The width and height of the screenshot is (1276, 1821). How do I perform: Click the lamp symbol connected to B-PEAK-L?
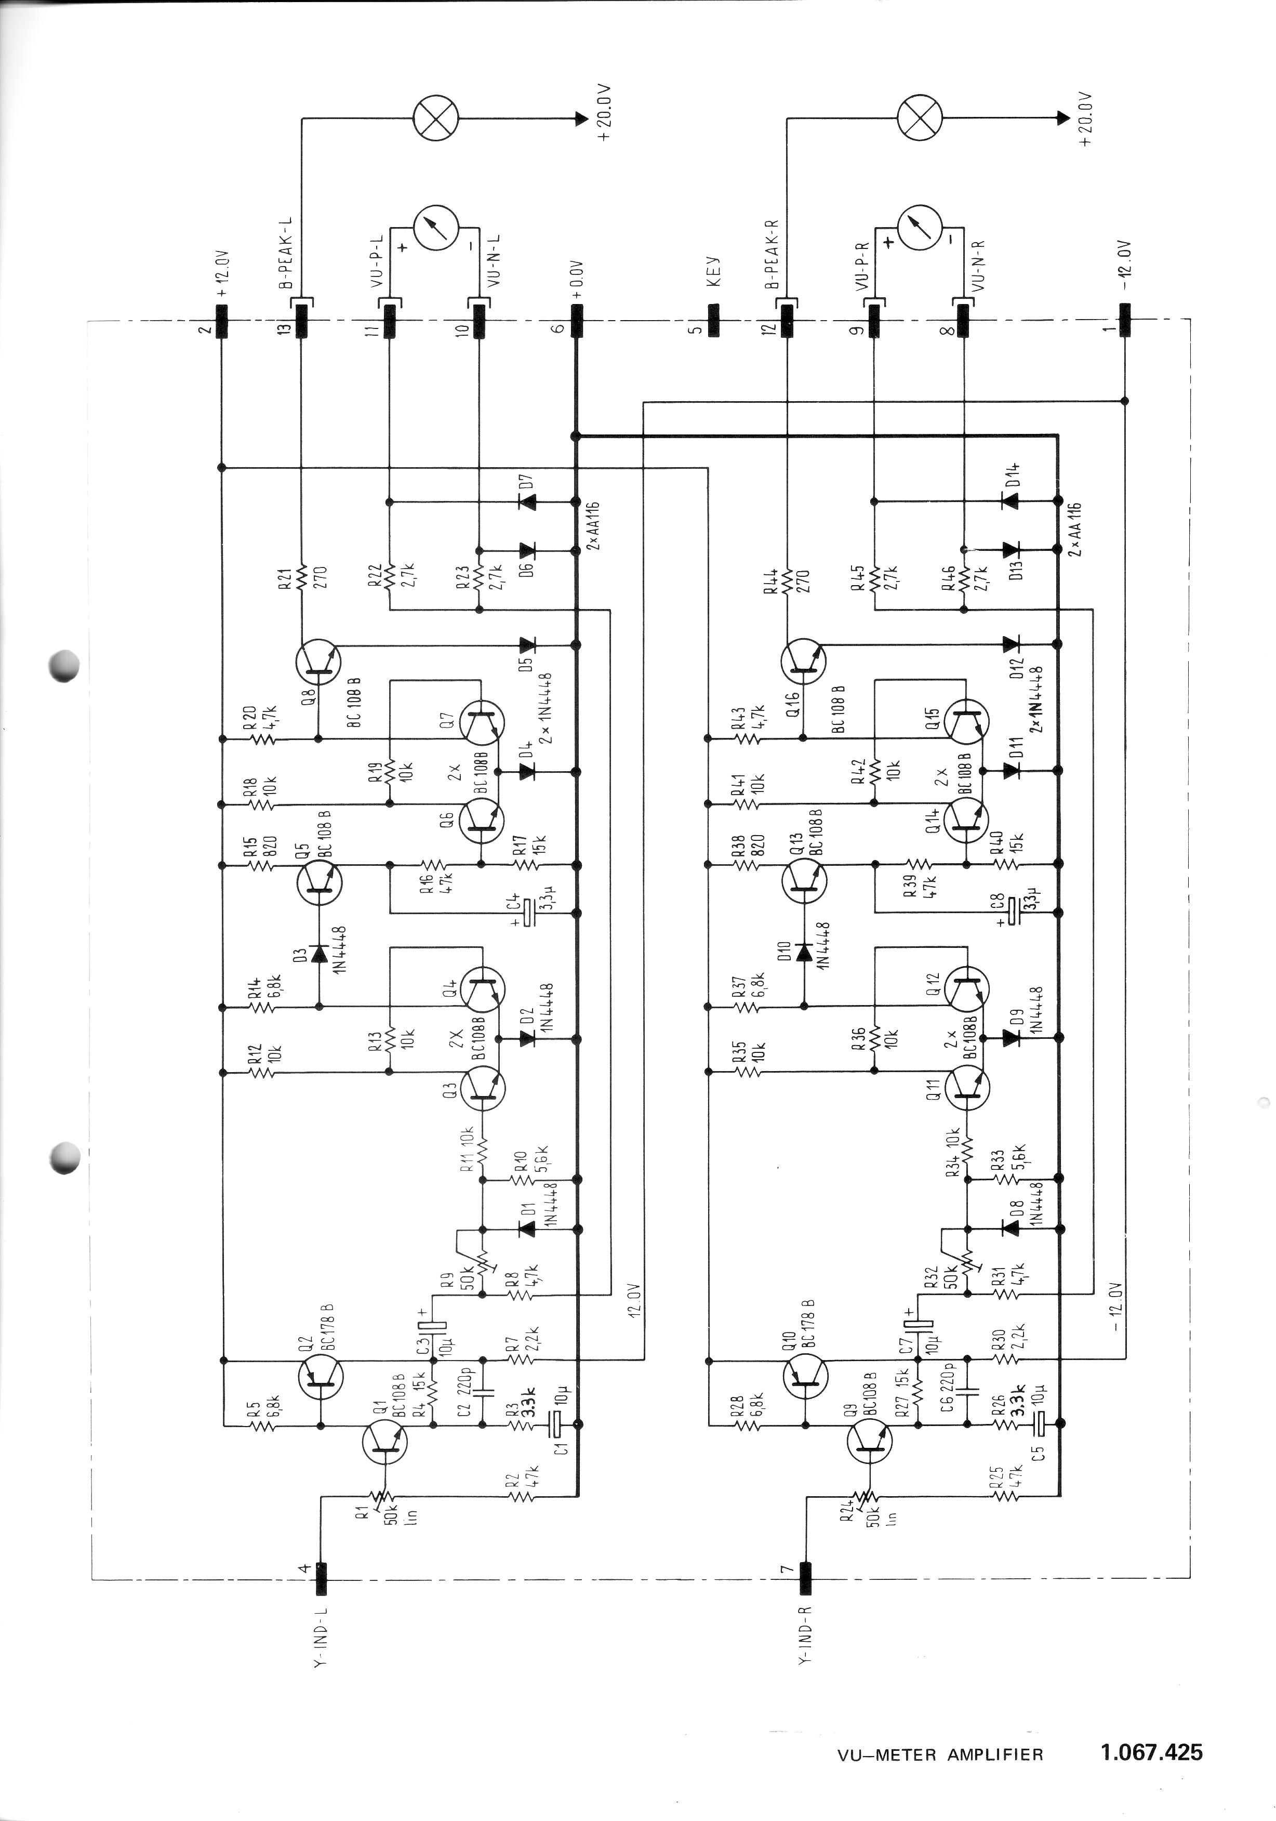436,119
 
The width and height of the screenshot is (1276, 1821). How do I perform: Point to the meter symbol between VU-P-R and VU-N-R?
919,225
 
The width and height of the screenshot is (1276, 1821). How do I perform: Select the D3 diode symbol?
319,953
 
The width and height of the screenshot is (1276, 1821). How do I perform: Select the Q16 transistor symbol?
803,662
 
